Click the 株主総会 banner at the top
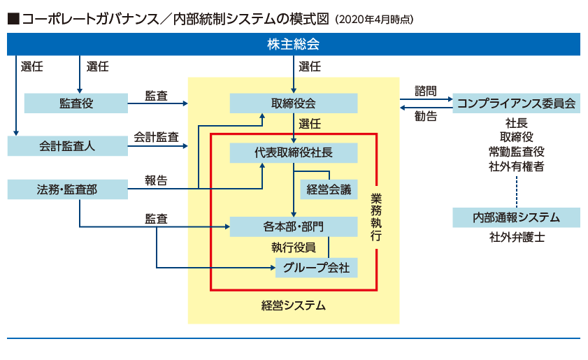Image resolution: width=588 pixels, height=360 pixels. pos(293,44)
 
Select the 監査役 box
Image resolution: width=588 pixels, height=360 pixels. pos(76,103)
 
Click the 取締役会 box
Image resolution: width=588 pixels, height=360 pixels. pos(294,103)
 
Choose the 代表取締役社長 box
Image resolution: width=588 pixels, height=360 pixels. pos(294,152)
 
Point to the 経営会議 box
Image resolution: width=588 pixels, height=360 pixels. pos(328,189)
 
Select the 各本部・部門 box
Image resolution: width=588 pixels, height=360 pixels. pos(294,226)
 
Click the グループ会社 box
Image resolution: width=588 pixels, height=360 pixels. pos(317,267)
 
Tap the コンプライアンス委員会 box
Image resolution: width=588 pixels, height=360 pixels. pos(516,103)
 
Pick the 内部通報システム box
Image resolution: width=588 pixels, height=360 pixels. pos(516,217)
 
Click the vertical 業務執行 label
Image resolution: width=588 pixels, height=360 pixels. pos(376,217)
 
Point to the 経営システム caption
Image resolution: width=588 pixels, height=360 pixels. pos(294,305)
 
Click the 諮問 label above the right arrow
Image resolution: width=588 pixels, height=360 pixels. pos(425,91)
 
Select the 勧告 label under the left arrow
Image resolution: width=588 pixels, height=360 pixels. pos(425,117)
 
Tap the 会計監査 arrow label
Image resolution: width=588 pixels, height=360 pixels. pos(156,136)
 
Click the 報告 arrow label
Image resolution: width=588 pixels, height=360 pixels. pos(156,180)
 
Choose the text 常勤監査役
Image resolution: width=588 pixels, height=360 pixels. pos(516,152)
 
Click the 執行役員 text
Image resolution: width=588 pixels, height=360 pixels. pos(294,247)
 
